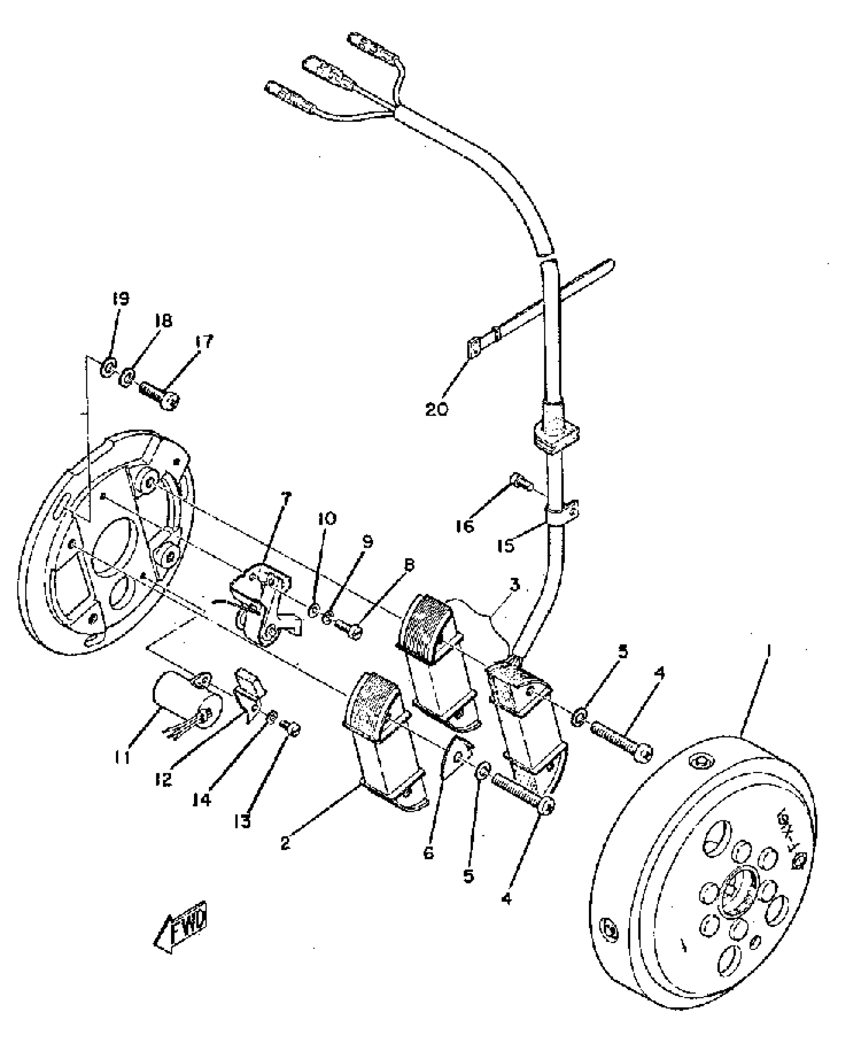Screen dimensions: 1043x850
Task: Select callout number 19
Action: click(x=120, y=299)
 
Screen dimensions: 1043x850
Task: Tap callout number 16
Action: click(x=465, y=526)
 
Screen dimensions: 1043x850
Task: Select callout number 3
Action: click(x=515, y=584)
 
